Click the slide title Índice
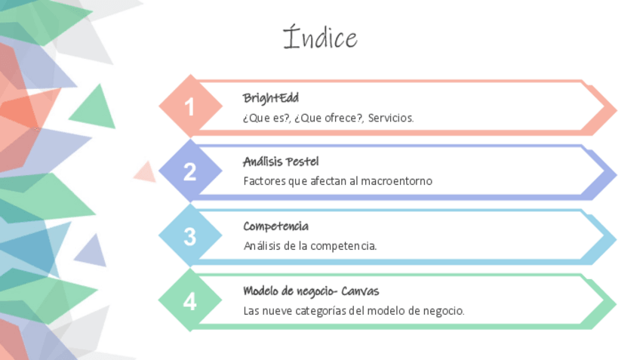point(320,38)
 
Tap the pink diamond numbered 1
point(189,107)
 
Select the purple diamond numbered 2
point(189,172)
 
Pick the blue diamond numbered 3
point(189,236)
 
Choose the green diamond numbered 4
point(189,302)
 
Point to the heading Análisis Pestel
point(281,162)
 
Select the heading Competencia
point(275,226)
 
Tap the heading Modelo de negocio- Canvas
point(311,291)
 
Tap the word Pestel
point(303,162)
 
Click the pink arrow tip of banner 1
point(608,109)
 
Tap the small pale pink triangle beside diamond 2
point(145,174)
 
